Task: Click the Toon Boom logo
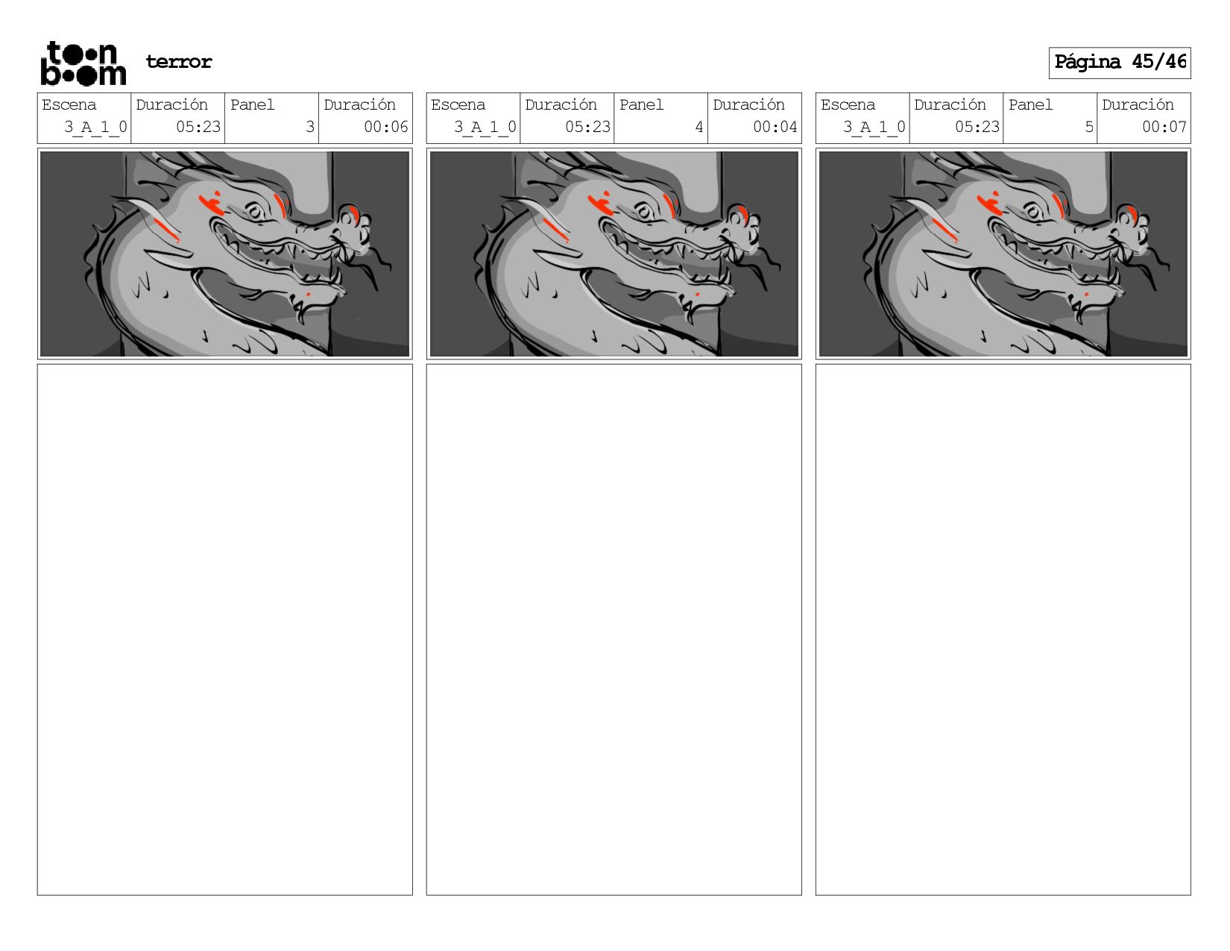point(83,63)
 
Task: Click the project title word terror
point(179,61)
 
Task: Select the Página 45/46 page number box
point(1119,63)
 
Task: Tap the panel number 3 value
point(310,127)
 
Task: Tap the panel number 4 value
point(699,127)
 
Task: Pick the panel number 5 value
point(1088,127)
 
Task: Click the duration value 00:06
point(385,127)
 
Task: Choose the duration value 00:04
point(775,127)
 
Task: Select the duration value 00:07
point(1164,127)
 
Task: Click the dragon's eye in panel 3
point(255,213)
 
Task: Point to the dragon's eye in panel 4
point(644,213)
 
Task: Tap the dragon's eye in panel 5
point(1034,213)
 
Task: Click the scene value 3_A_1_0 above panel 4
point(485,128)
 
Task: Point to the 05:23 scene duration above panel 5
point(977,127)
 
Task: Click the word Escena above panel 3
point(69,104)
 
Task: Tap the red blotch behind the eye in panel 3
point(211,204)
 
